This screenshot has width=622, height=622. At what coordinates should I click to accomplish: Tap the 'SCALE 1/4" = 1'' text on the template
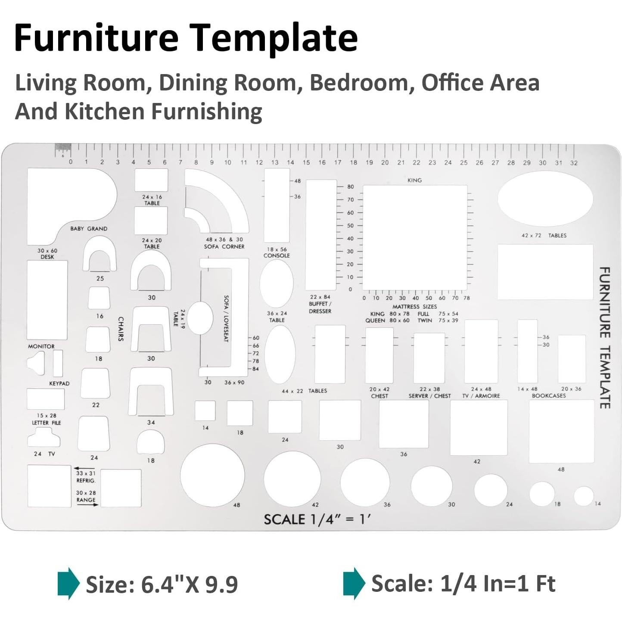(317, 519)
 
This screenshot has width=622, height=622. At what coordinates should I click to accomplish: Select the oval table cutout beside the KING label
(545, 199)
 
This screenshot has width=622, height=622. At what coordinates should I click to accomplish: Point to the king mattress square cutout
(415, 238)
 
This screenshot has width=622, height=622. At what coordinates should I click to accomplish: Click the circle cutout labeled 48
(212, 475)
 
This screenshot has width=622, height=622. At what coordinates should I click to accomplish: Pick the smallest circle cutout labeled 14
(584, 496)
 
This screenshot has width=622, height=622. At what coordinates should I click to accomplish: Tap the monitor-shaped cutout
(36, 363)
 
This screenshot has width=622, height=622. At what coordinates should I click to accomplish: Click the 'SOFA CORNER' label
(224, 247)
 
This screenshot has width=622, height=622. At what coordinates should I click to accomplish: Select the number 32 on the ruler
(574, 163)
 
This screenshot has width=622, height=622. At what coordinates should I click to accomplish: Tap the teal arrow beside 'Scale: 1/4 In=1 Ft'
(354, 584)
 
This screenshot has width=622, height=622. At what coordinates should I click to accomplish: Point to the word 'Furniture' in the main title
(96, 37)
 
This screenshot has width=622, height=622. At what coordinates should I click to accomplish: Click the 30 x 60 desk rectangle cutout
(47, 300)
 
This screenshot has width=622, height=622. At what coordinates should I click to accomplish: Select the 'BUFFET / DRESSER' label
(320, 307)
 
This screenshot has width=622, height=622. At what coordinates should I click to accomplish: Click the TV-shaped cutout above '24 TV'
(44, 437)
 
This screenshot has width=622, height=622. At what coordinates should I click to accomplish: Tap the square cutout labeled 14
(205, 411)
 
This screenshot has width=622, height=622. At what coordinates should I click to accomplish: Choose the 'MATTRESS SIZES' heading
(414, 306)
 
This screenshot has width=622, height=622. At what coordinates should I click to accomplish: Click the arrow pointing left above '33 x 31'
(84, 468)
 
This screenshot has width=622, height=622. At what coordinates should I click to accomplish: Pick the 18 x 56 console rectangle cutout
(277, 205)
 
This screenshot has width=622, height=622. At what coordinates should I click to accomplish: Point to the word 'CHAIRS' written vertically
(121, 329)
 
